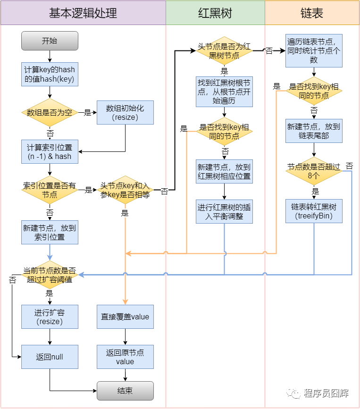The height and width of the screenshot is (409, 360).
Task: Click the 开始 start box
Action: coord(50,41)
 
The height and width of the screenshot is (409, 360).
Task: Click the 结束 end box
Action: coord(125,391)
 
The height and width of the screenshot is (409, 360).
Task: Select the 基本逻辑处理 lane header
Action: coord(83,13)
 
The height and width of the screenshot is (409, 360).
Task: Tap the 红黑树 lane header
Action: coord(215,13)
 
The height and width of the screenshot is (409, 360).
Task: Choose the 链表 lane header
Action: coord(311,13)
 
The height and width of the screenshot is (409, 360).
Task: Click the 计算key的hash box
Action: coord(50,74)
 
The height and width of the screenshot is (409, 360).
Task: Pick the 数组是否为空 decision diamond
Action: coord(50,113)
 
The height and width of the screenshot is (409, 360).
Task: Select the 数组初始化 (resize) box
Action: coord(125,113)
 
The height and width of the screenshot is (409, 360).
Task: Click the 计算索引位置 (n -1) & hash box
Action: coord(50,151)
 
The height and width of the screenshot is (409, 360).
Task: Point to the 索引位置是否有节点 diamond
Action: coord(50,190)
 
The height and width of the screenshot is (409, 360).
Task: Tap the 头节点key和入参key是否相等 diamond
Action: coord(125,190)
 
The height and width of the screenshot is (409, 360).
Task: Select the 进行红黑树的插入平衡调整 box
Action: coord(224,211)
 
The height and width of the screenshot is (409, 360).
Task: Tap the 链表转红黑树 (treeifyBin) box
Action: coord(314,211)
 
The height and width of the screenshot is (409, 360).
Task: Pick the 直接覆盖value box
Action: coord(125,317)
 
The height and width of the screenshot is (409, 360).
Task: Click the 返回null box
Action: coord(50,357)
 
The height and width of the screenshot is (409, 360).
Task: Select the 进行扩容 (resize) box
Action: coord(50,317)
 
